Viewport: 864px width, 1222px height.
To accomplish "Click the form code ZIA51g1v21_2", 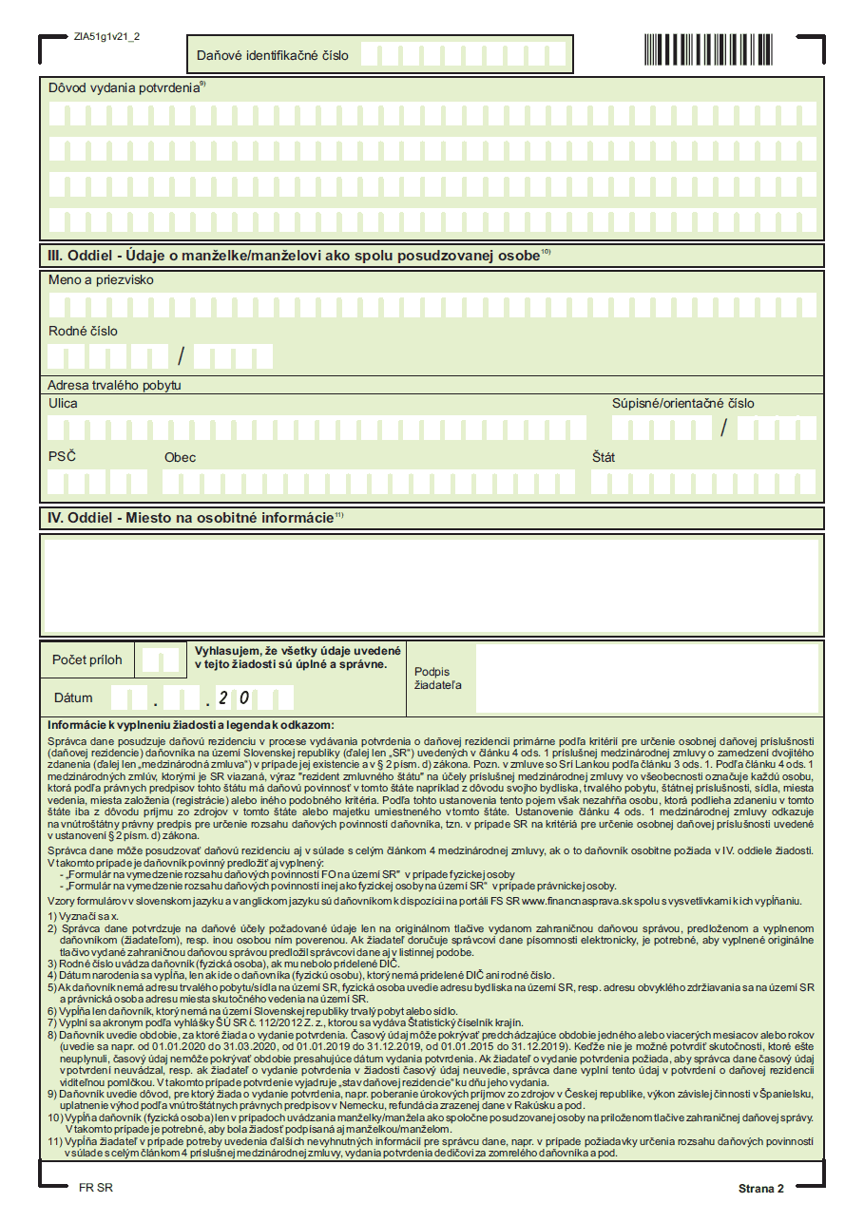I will (x=106, y=36).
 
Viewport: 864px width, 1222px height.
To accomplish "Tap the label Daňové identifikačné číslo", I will (x=273, y=55).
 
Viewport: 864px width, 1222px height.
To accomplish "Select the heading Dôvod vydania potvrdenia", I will (x=125, y=86).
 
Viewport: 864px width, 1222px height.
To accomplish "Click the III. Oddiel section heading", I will (x=294, y=255).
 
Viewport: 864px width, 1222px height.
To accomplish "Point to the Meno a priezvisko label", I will (x=101, y=280).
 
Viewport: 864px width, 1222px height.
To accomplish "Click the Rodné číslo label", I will (x=84, y=331).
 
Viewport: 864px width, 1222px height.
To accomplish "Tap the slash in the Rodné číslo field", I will (x=181, y=356).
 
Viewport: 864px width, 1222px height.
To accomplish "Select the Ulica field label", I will (x=64, y=403).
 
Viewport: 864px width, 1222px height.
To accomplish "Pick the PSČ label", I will (x=62, y=456).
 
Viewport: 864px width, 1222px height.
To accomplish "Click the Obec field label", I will (x=180, y=457).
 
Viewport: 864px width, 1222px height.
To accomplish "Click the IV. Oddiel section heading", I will (x=190, y=518).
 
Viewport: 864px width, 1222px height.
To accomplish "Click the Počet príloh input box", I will (x=158, y=659).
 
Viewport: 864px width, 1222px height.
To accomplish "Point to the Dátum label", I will (x=73, y=697).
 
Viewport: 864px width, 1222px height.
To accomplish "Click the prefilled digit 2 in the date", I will (x=223, y=698).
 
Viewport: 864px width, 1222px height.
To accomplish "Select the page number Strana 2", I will (x=760, y=1189).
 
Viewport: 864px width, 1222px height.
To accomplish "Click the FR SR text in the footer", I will (x=96, y=1188).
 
